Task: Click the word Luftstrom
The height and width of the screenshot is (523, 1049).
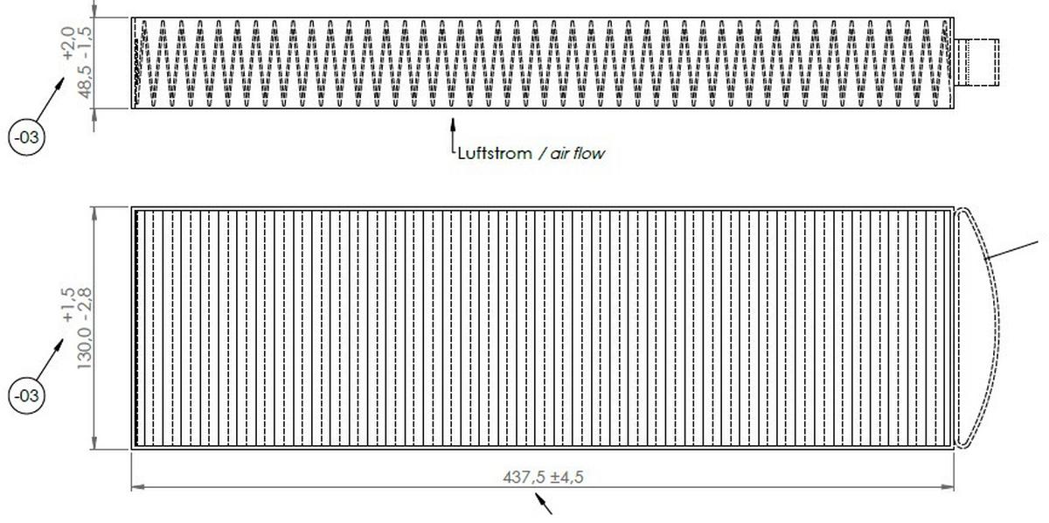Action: [495, 153]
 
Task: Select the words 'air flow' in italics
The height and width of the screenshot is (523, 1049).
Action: [577, 153]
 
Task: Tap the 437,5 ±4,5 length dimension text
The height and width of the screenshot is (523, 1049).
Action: [543, 477]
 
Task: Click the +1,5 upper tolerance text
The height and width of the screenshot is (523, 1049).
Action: [68, 305]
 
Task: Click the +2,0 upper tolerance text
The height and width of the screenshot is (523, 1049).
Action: [68, 43]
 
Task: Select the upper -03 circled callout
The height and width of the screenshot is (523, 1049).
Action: [27, 138]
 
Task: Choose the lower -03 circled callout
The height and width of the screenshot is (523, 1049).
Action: [27, 396]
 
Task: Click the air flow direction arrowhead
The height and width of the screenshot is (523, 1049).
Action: [453, 123]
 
